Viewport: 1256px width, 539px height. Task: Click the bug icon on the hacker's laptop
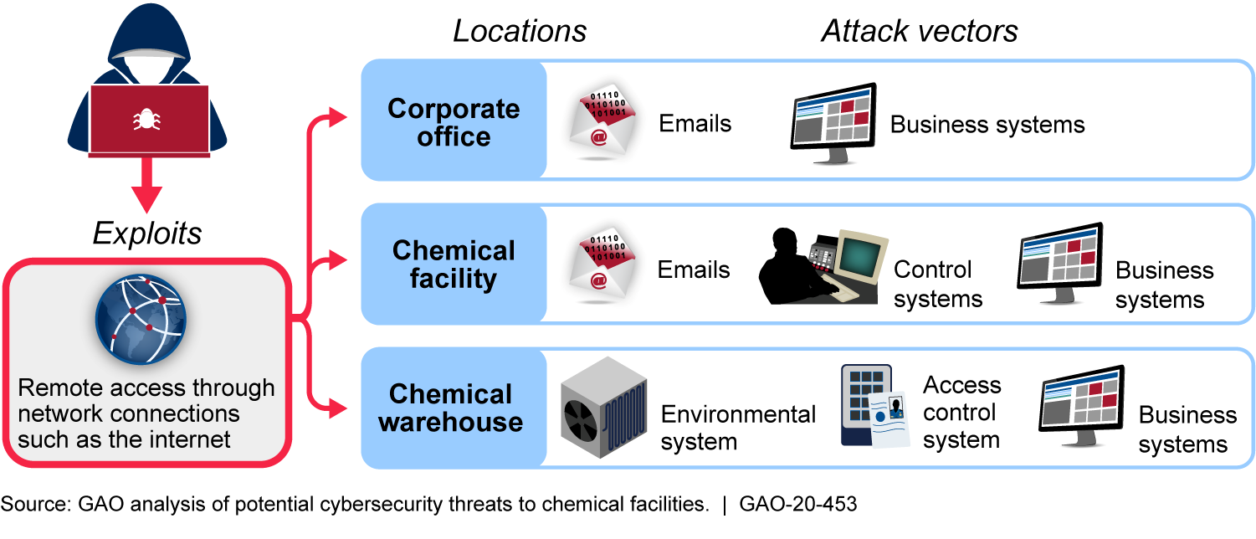coord(148,120)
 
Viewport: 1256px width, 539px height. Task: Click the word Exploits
coord(147,234)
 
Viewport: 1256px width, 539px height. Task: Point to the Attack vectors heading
coord(919,31)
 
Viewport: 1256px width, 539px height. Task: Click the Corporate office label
coord(454,122)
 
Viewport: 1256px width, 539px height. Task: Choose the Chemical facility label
coord(454,264)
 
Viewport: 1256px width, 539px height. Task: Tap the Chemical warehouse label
coord(451,408)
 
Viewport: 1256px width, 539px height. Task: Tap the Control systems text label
coord(937,284)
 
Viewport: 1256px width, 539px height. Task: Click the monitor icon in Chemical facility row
coord(1060,266)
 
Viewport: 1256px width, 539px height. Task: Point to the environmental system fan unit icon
coord(602,410)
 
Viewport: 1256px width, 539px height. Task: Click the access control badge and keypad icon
coord(874,406)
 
